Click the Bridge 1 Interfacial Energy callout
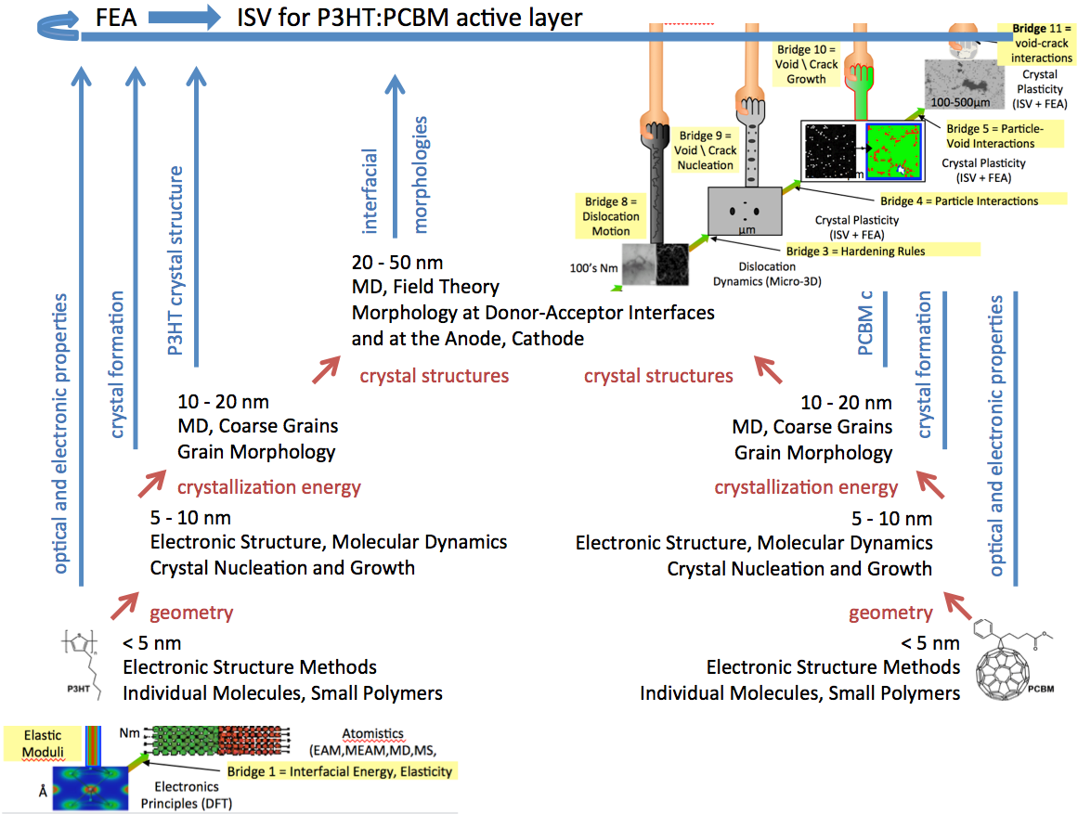coord(339,771)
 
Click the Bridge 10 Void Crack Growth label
coord(806,64)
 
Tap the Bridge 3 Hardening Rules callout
coord(855,251)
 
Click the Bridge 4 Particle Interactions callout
coord(958,200)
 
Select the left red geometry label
coord(191,612)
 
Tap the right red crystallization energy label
coord(806,487)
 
